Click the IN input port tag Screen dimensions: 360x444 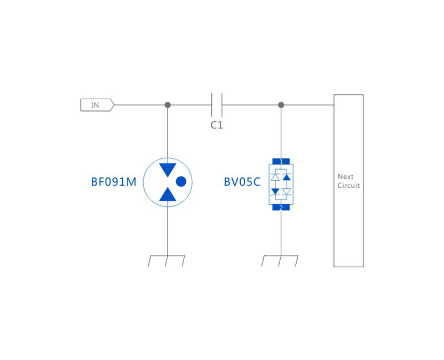pyautogui.click(x=97, y=105)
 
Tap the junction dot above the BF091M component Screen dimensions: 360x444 pyautogui.click(x=168, y=105)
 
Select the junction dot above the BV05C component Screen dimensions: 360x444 pyautogui.click(x=281, y=105)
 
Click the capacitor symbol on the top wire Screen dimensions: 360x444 pyautogui.click(x=217, y=105)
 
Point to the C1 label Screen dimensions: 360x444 pyautogui.click(x=217, y=125)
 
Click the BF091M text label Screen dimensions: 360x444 pyautogui.click(x=114, y=182)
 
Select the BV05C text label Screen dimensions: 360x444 pyautogui.click(x=242, y=182)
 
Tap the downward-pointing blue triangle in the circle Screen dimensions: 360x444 pyautogui.click(x=168, y=170)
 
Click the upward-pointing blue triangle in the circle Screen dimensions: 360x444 pyautogui.click(x=168, y=195)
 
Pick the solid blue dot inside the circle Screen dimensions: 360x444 pyautogui.click(x=181, y=181)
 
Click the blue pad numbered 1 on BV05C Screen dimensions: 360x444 pyautogui.click(x=281, y=161)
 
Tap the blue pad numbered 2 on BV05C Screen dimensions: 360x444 pyautogui.click(x=281, y=207)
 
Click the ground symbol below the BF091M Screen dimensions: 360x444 pyautogui.click(x=166, y=261)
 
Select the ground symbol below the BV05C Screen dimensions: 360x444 pyautogui.click(x=280, y=261)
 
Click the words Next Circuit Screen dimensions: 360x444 pyautogui.click(x=348, y=181)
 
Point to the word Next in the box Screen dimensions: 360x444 pyautogui.click(x=345, y=177)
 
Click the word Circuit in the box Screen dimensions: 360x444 pyautogui.click(x=348, y=186)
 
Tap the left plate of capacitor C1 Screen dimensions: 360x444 pyautogui.click(x=212, y=105)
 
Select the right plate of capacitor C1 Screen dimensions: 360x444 pyautogui.click(x=221, y=105)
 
